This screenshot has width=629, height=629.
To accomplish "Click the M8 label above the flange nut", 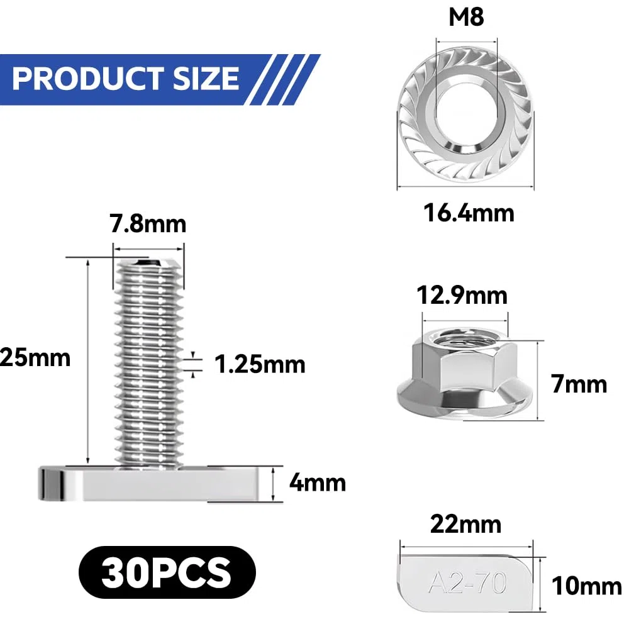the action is [466, 17].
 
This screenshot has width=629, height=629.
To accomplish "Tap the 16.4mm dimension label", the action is [469, 213].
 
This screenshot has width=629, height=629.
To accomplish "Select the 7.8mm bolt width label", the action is [148, 224].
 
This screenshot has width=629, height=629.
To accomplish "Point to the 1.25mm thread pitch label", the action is [260, 364].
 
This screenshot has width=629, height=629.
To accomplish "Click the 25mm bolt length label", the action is [35, 357].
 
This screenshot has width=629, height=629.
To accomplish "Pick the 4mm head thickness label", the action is [317, 482].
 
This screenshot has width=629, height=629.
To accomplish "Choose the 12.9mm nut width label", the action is [462, 296].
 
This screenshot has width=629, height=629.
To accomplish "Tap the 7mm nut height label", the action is [579, 384].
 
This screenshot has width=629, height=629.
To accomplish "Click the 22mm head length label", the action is [465, 525].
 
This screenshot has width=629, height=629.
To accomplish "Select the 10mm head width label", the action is [586, 586].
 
